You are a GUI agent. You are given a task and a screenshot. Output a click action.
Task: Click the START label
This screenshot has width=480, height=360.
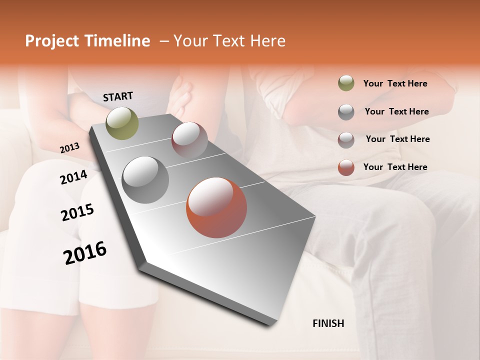pyautogui.click(x=118, y=96)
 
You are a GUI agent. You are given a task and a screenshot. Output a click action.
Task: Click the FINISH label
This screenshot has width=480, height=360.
pyautogui.click(x=328, y=323)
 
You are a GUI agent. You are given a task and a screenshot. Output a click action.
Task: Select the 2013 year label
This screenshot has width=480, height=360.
pyautogui.click(x=69, y=148)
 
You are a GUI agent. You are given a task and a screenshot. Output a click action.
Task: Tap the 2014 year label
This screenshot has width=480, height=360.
pyautogui.click(x=73, y=177)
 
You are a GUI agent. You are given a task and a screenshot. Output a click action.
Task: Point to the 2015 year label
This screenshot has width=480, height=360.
pyautogui.click(x=77, y=212)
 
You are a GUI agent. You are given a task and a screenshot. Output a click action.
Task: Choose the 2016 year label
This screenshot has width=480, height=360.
pyautogui.click(x=85, y=253)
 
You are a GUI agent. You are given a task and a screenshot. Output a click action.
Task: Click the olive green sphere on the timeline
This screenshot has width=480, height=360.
pyautogui.click(x=122, y=123)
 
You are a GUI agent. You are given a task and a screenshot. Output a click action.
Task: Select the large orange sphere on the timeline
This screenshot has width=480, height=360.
pyautogui.click(x=216, y=207)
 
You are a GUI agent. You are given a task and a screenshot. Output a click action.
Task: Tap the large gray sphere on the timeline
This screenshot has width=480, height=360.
pyautogui.click(x=145, y=180)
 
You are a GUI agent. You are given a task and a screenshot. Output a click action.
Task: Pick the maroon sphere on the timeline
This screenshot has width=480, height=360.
pyautogui.click(x=189, y=140)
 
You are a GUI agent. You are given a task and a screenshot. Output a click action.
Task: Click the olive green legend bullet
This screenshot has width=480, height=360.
pyautogui.click(x=346, y=83)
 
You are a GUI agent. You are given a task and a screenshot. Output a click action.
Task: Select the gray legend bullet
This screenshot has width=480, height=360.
pyautogui.click(x=346, y=112)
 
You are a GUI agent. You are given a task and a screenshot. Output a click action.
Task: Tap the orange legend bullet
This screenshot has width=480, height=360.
pyautogui.click(x=346, y=167)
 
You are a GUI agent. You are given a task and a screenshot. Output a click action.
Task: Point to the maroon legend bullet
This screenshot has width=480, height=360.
pyautogui.click(x=346, y=139)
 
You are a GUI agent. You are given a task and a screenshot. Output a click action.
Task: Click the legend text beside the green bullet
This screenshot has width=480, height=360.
pyautogui.click(x=395, y=83)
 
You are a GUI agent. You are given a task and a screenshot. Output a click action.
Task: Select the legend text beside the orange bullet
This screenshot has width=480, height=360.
pyautogui.click(x=395, y=167)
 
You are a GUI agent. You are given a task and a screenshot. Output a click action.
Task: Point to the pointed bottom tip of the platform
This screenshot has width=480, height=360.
pyautogui.click(x=270, y=324)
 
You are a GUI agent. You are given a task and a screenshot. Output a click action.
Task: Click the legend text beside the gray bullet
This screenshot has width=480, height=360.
pyautogui.click(x=396, y=111)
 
